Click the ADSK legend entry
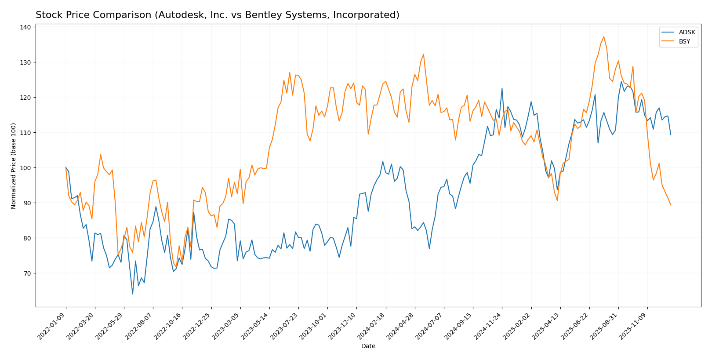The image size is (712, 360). pyautogui.click(x=687, y=32)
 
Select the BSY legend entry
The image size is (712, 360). pyautogui.click(x=684, y=42)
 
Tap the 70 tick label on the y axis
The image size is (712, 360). pyautogui.click(x=26, y=273)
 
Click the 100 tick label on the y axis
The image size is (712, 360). pyautogui.click(x=25, y=168)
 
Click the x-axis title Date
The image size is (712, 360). pyautogui.click(x=368, y=346)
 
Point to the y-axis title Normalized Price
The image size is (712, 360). pyautogui.click(x=14, y=166)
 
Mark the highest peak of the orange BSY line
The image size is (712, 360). pyautogui.click(x=604, y=36)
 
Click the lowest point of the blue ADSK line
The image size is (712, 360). pyautogui.click(x=132, y=294)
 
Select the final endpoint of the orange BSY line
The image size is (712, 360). pyautogui.click(x=671, y=205)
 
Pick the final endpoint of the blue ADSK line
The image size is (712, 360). pyautogui.click(x=671, y=135)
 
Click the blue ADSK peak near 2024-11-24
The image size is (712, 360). pyautogui.click(x=502, y=88)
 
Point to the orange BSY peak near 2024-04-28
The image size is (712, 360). pyautogui.click(x=423, y=54)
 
